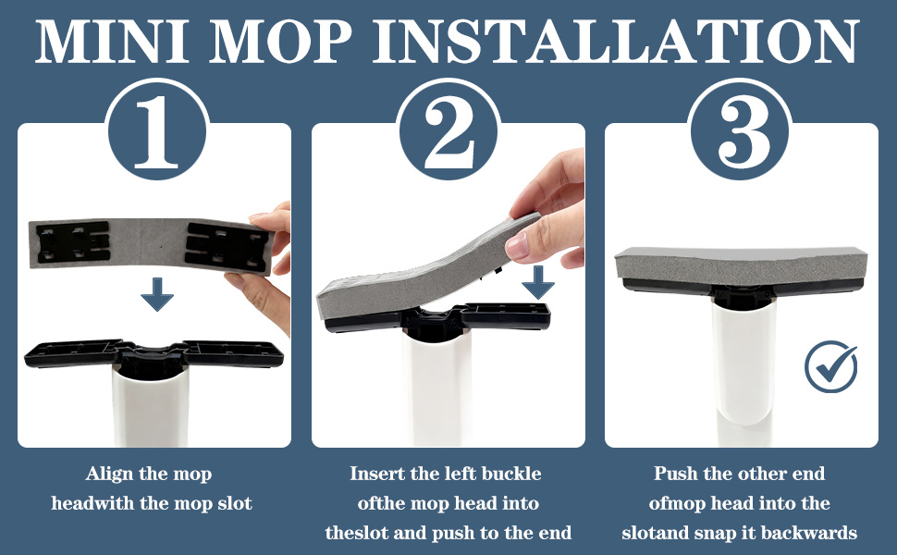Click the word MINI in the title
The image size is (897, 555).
(113, 42)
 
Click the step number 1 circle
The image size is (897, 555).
(157, 130)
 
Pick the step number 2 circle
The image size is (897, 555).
(448, 130)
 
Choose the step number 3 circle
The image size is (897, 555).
(741, 130)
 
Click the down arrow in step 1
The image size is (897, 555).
(157, 294)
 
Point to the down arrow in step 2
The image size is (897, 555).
(538, 282)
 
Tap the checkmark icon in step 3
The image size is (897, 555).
(830, 366)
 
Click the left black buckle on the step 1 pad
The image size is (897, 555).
(72, 242)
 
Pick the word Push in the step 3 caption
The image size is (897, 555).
(676, 474)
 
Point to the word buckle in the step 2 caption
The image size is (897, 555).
(511, 474)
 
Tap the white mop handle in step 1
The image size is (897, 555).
(150, 406)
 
